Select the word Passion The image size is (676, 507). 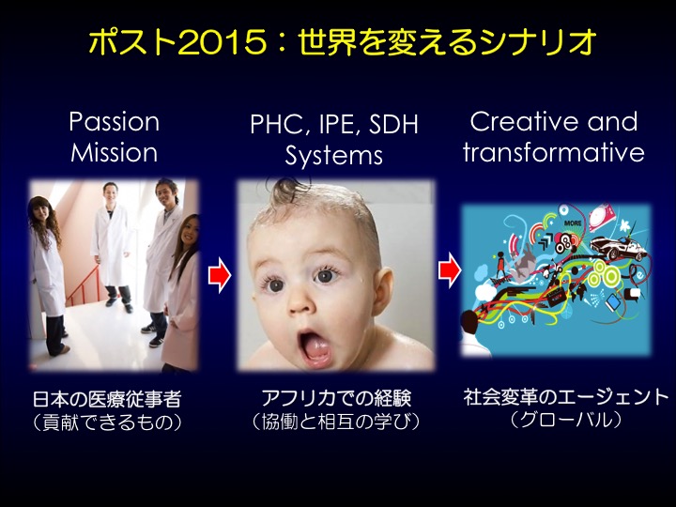115,121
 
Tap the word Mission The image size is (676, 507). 115,153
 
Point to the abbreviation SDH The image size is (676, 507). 393,124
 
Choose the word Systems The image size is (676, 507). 333,156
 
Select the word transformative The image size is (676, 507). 554,153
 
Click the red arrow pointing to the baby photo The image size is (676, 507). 220,275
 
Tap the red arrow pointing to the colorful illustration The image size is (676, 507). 450,270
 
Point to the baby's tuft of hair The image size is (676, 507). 288,190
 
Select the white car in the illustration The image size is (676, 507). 618,248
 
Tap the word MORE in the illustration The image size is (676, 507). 573,223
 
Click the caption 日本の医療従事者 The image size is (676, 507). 107,399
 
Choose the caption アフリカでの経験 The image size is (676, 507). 336,397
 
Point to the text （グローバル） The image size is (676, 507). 565,419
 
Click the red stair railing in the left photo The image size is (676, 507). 84,286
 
